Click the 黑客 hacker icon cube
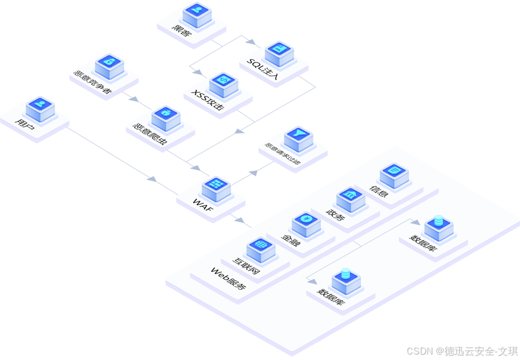pos(197,13)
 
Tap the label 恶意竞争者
pos(93,84)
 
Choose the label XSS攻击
pos(208,100)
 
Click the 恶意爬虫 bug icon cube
pos(166,117)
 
